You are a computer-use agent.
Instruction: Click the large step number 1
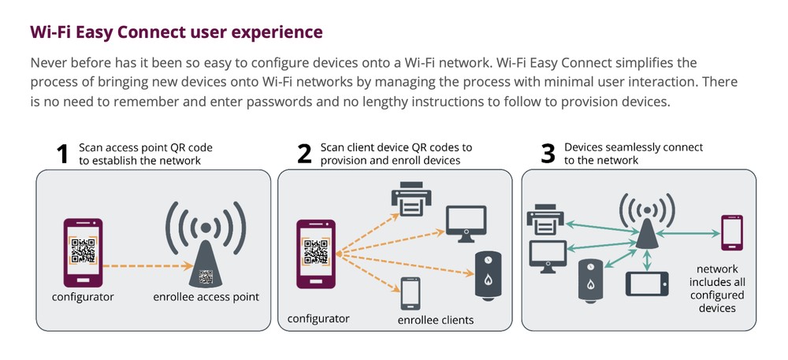63,154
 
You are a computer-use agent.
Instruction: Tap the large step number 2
303,154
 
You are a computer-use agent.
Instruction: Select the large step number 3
548,154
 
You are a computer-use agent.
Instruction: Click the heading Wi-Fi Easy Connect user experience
176,32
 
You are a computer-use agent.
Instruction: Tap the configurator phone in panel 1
82,252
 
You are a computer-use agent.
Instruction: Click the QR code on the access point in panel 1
206,276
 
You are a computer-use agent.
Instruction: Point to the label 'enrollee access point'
206,297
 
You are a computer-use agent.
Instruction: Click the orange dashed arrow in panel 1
142,265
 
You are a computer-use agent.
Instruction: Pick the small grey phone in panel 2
410,295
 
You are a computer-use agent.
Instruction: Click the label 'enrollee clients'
436,320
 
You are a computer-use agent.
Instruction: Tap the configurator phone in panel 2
314,255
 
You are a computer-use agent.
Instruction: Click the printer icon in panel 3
546,219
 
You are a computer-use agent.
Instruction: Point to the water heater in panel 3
589,280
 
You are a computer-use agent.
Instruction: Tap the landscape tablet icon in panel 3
647,283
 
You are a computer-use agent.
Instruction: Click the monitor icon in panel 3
546,257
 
